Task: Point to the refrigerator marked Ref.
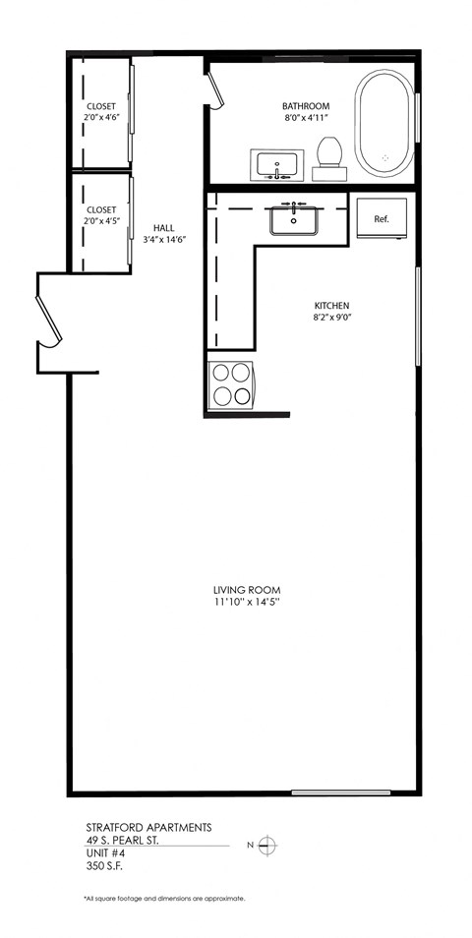(382, 218)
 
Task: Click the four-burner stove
(231, 384)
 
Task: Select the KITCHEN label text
(332, 305)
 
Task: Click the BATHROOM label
(306, 106)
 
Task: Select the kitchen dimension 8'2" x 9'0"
(332, 318)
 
